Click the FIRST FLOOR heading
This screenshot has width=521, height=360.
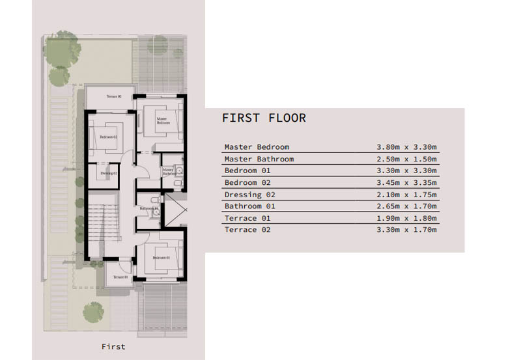tap(264, 118)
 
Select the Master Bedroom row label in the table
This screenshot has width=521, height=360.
tap(257, 147)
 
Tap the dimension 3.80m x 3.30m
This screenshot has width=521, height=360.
tap(406, 147)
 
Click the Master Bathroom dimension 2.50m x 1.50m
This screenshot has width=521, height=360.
tap(406, 159)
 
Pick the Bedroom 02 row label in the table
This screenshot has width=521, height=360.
tap(247, 182)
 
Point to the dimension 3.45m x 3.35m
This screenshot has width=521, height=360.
tap(406, 182)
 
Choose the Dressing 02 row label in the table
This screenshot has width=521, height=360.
tap(249, 194)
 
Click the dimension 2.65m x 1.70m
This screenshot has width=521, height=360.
tap(406, 206)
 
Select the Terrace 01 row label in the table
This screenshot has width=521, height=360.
tap(247, 218)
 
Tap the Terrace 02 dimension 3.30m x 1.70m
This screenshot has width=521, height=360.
tap(406, 230)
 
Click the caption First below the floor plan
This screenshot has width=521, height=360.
tap(113, 346)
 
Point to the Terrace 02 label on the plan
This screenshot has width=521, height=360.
tap(114, 96)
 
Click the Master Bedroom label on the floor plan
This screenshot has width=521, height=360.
tap(162, 120)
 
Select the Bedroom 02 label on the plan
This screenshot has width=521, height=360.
tap(108, 137)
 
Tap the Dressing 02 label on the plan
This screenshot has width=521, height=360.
tap(108, 173)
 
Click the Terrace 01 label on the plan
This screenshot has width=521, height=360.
tap(120, 277)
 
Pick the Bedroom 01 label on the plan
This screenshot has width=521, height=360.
tap(161, 258)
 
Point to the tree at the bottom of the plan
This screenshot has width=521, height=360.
tap(93, 312)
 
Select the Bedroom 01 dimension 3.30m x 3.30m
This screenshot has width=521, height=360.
tap(406, 171)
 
